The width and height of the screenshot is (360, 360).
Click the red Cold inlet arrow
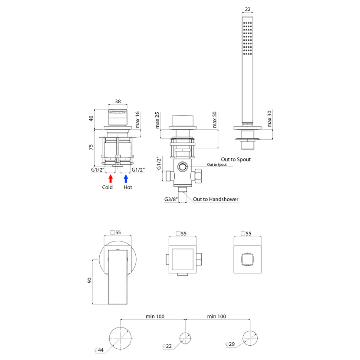click(111, 179)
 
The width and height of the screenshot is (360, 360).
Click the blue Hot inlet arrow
click(126, 179)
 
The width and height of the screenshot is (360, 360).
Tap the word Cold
click(107, 187)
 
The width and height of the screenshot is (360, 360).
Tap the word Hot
click(128, 187)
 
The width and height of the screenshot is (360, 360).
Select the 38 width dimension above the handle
click(118, 101)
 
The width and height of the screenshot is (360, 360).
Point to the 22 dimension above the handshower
click(248, 10)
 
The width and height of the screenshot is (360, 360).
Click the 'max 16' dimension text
click(137, 120)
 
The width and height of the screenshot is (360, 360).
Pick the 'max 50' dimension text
click(214, 120)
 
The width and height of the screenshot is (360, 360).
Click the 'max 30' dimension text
click(269, 119)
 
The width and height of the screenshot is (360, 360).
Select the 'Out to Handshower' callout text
click(216, 199)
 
